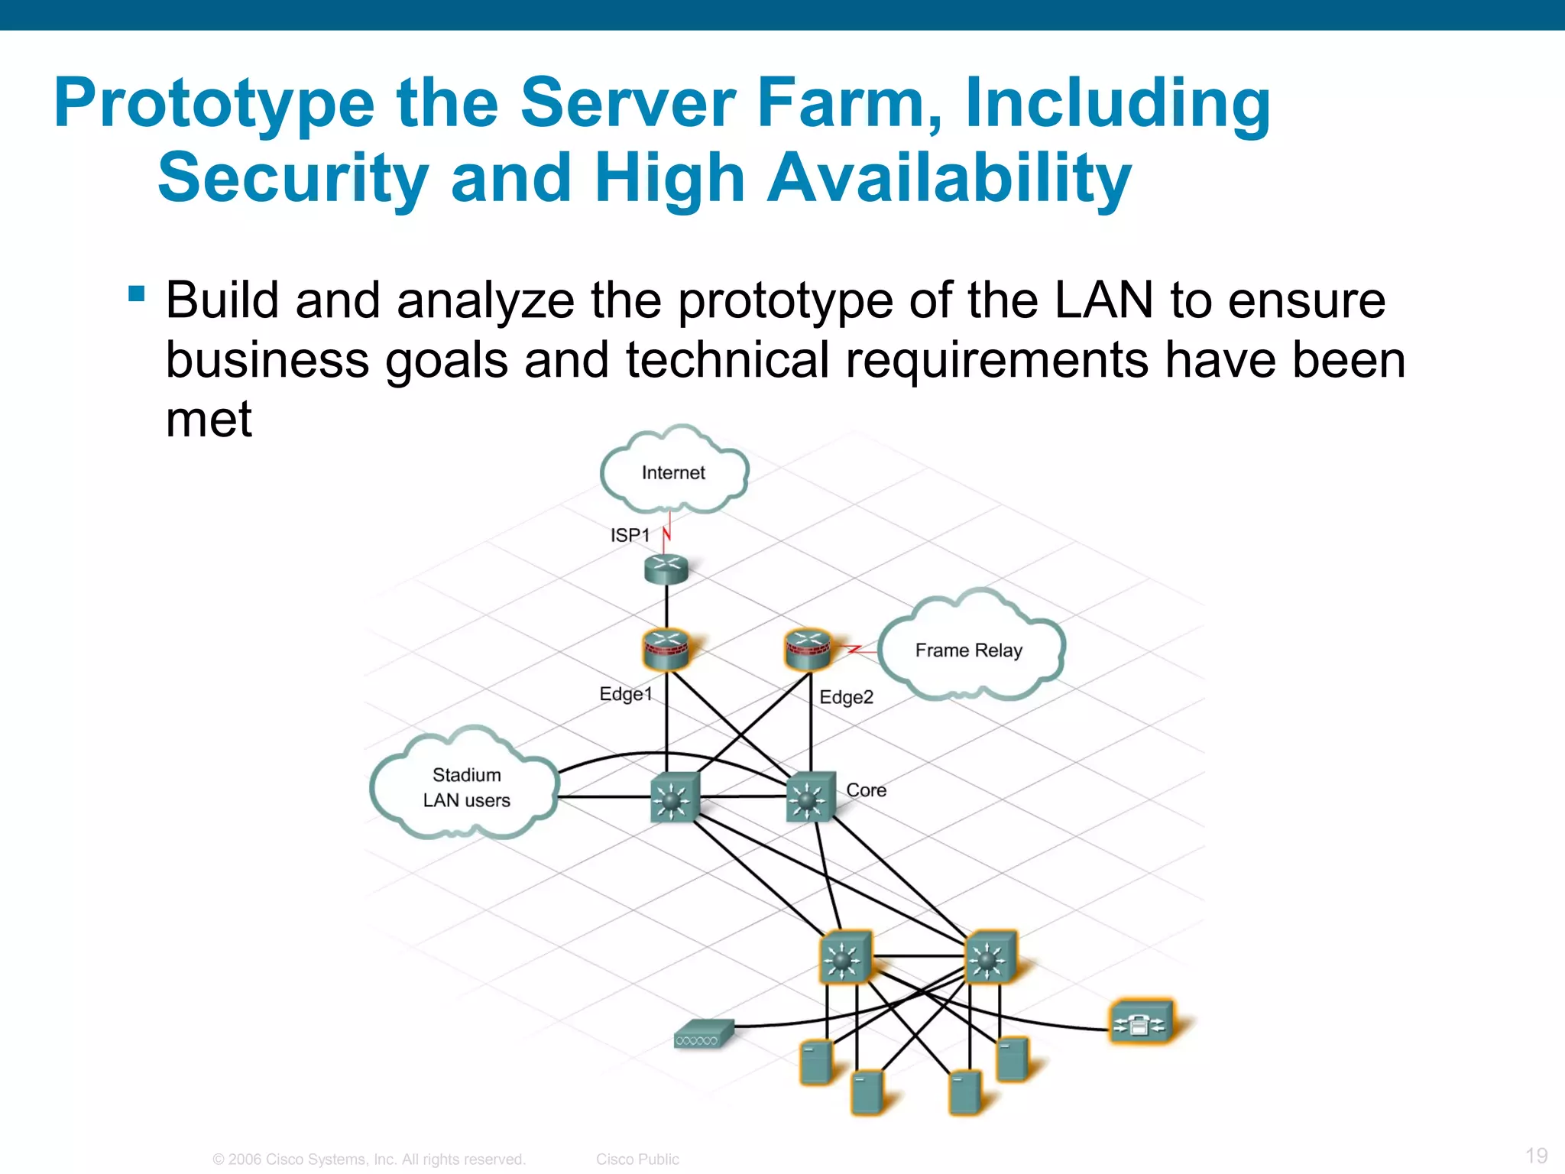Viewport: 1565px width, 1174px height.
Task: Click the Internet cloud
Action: pos(673,472)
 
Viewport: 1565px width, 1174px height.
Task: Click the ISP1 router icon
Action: pos(666,569)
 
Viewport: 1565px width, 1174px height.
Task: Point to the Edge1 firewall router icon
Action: pos(666,649)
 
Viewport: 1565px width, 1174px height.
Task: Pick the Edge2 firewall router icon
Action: pos(808,649)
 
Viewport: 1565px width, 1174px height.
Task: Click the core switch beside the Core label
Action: pos(810,796)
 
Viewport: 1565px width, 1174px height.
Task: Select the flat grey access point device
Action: pos(703,1034)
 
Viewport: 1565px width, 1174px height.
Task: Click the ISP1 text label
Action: pos(630,535)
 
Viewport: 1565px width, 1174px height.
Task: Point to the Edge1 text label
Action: pos(626,694)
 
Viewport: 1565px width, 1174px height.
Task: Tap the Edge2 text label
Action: pos(846,697)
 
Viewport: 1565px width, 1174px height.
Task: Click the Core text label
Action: pos(866,790)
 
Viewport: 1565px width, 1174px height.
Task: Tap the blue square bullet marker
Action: pos(137,293)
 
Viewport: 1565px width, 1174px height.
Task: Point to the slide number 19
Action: pos(1536,1155)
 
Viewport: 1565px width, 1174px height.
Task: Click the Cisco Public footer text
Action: pos(637,1159)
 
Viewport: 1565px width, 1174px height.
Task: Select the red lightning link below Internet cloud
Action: pos(667,530)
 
